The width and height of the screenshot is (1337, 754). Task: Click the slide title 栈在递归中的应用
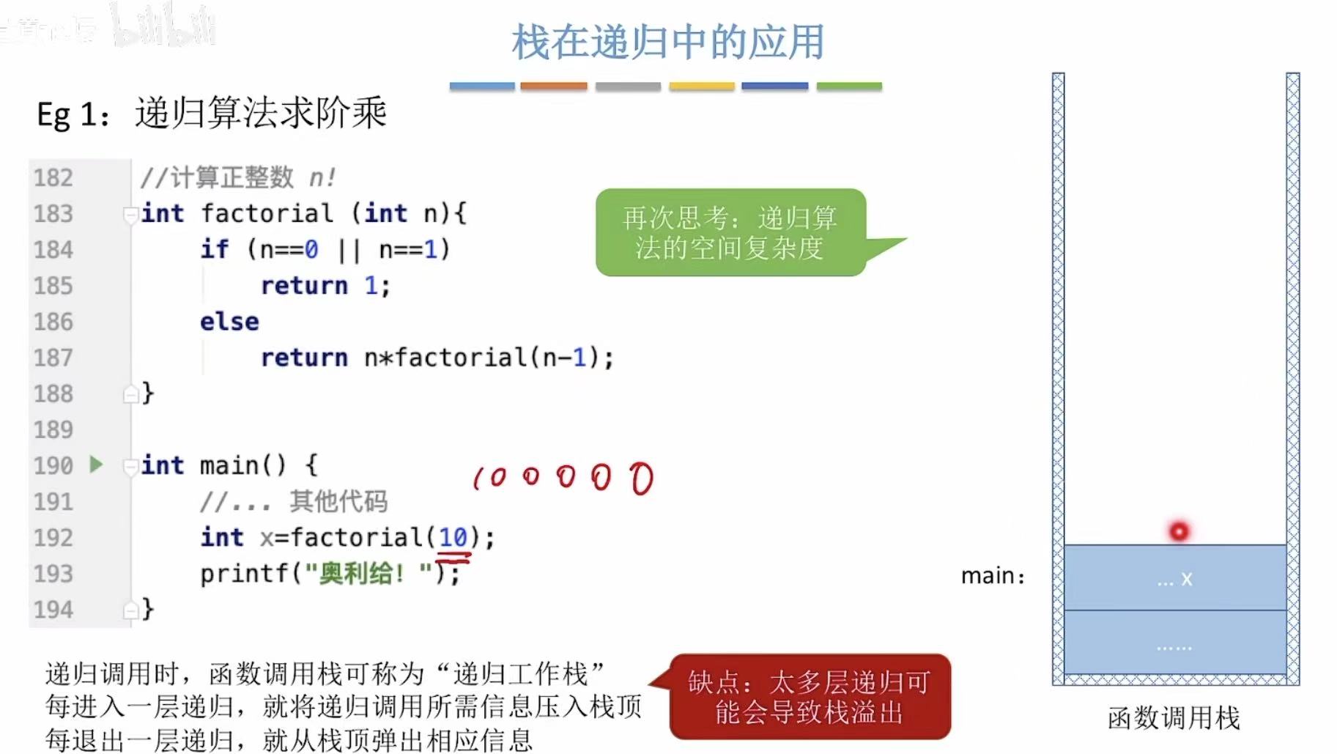667,42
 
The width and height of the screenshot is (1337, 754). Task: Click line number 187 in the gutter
53,358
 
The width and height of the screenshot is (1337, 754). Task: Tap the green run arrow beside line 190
96,464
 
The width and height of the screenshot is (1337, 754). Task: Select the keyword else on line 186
229,322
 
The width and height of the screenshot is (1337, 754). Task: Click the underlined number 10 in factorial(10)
453,537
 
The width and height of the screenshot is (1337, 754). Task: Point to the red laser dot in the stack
1179,531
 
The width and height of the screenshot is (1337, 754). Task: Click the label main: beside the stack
992,576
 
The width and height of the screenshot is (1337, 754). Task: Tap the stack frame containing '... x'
1175,578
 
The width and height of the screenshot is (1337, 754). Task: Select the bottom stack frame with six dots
1175,643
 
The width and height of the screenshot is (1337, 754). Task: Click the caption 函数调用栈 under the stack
1174,717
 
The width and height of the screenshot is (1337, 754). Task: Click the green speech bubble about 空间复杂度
730,232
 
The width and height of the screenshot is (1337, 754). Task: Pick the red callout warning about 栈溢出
810,697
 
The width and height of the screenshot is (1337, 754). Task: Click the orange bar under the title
553,86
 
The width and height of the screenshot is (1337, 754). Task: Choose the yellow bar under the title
701,86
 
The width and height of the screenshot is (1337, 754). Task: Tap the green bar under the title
848,86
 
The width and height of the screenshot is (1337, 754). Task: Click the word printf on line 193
245,573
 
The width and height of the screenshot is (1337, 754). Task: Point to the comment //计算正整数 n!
238,177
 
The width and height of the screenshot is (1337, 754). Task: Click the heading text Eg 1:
73,115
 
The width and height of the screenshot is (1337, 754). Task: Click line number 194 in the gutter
53,610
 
